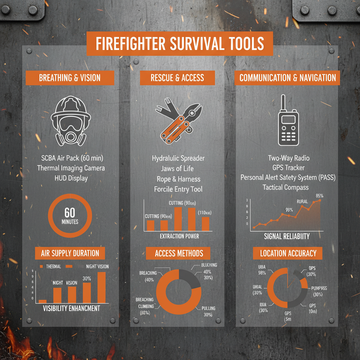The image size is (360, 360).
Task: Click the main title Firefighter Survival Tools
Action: (180, 44)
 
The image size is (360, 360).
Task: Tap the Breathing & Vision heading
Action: (70, 78)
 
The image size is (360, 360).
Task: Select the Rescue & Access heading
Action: (177, 78)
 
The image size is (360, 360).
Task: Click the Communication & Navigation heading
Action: (288, 78)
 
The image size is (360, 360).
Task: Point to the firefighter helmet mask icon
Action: (71, 121)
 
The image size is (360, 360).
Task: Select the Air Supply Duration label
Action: (70, 253)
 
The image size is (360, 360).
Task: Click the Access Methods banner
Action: (179, 253)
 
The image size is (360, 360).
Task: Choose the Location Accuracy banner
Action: (288, 253)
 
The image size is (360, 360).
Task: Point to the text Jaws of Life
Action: (177, 169)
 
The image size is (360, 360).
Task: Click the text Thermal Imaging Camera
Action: (71, 168)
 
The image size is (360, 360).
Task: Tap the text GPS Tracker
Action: (288, 168)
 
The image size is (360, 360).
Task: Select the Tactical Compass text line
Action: (285, 187)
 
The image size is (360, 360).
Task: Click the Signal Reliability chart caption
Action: (287, 236)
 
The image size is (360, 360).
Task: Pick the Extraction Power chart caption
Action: (179, 236)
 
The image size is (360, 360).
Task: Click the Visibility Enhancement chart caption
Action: (71, 308)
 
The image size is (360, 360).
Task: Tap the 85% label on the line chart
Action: (320, 195)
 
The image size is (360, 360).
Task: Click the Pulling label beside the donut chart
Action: (208, 308)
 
